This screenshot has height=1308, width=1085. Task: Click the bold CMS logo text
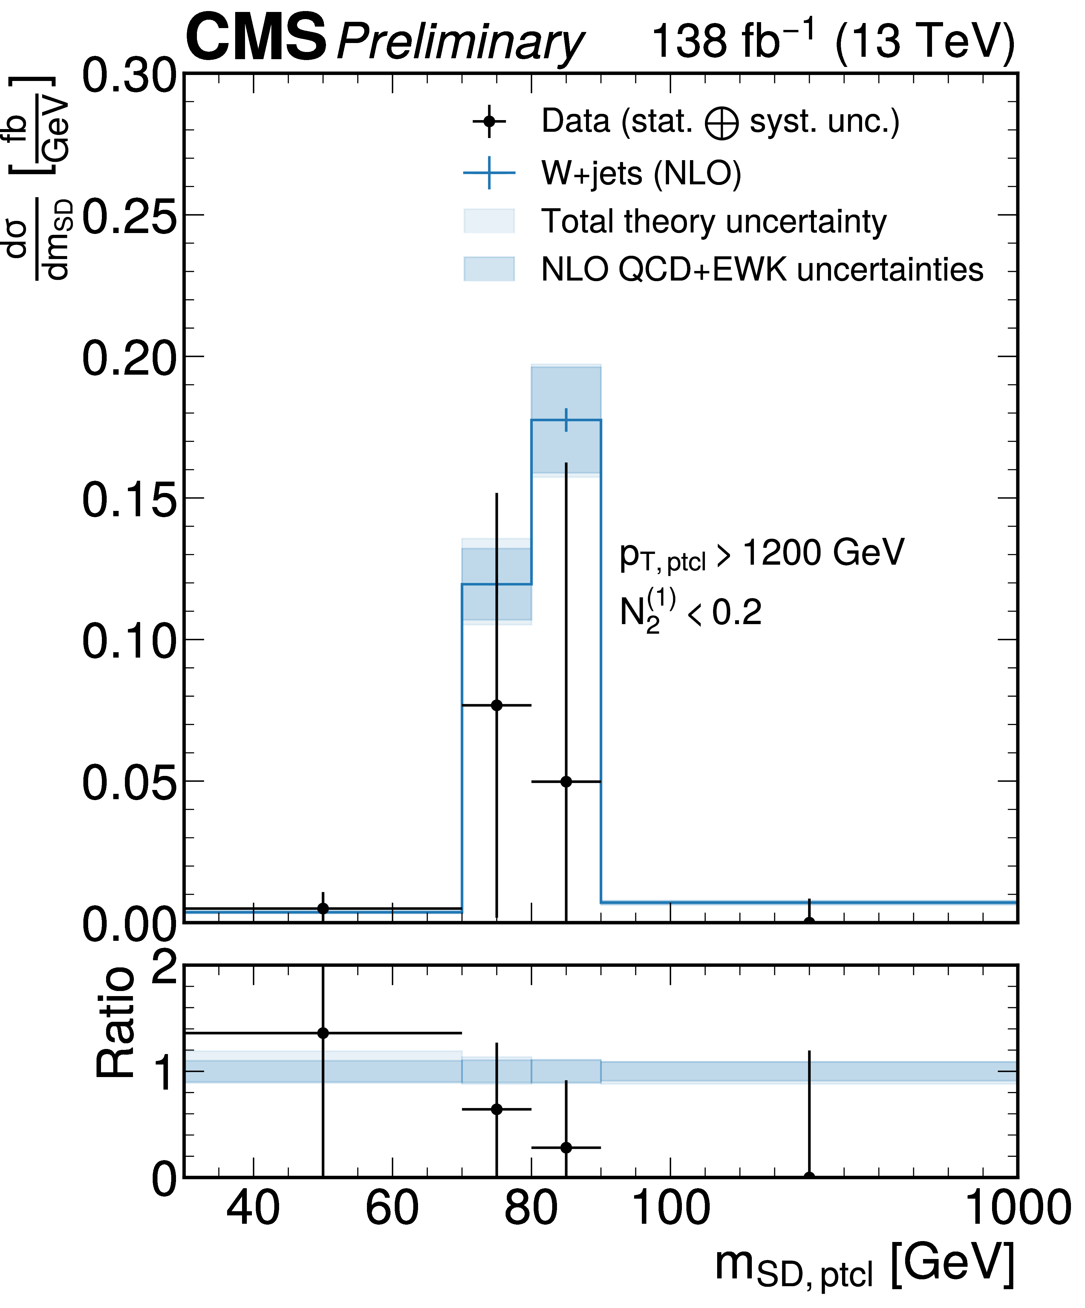pos(255,39)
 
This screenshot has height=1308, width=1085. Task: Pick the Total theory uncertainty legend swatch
pos(489,221)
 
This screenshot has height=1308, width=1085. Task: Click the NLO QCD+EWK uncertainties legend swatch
pos(489,269)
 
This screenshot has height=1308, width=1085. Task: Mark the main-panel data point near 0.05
pos(566,782)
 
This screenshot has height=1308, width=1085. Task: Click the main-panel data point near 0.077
pos(496,705)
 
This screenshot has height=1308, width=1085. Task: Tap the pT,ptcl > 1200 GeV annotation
pos(761,553)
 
